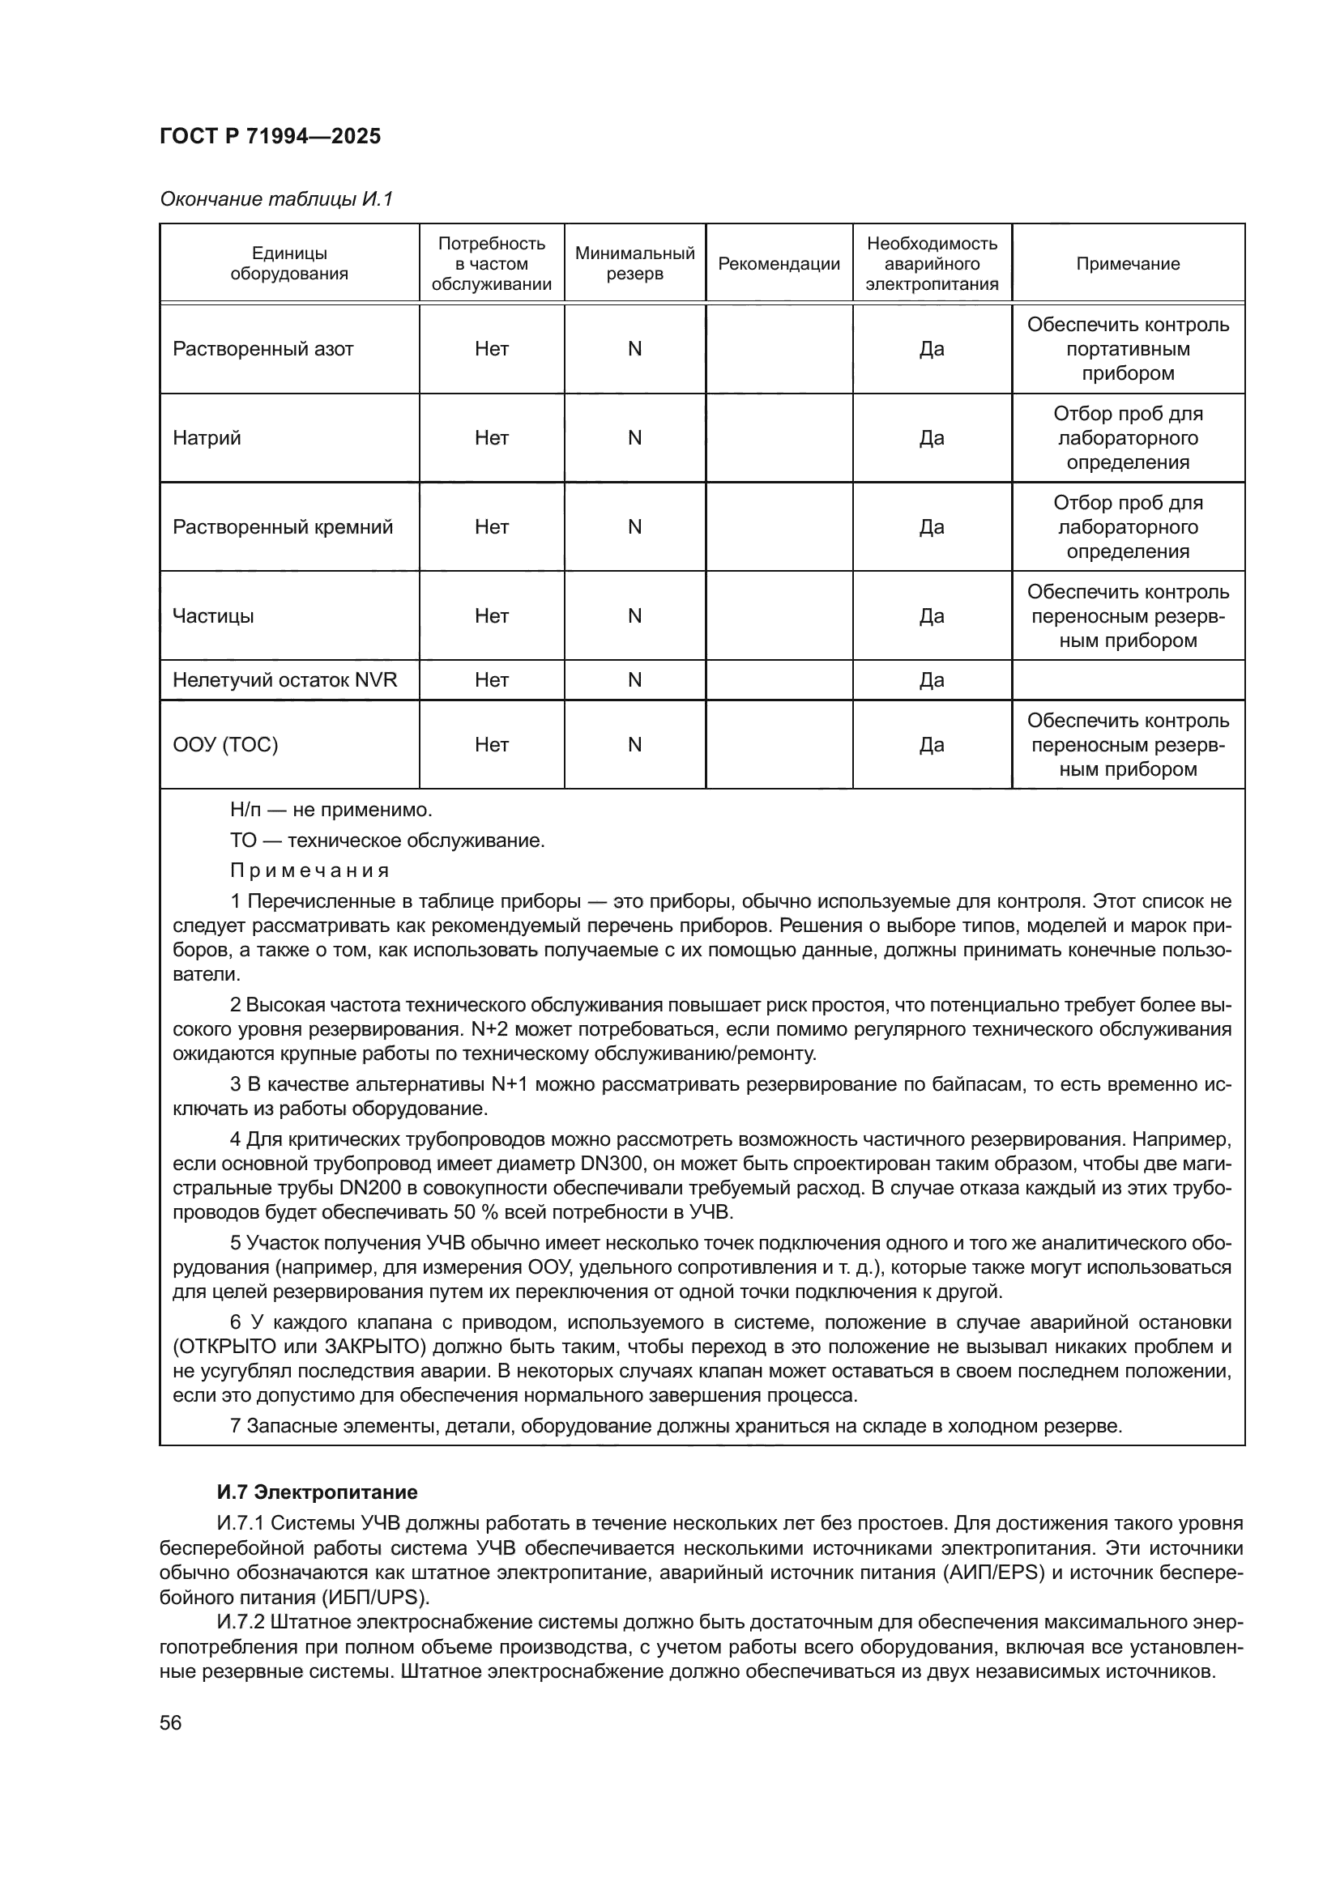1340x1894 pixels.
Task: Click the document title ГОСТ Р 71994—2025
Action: [270, 136]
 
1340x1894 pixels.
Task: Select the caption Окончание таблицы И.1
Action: [276, 199]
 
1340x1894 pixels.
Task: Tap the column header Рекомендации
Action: [779, 264]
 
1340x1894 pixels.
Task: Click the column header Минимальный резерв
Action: [634, 264]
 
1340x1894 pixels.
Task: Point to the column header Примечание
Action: [1127, 264]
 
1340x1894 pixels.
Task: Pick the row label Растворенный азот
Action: [262, 349]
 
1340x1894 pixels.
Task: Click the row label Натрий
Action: [207, 438]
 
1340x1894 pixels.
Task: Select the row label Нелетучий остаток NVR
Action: [284, 679]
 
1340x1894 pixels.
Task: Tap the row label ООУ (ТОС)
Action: [225, 745]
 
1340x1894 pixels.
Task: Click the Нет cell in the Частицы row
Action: [492, 616]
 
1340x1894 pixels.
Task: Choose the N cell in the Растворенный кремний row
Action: [634, 527]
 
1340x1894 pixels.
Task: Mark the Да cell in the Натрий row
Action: [932, 438]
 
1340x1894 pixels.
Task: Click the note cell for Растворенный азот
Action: [1127, 349]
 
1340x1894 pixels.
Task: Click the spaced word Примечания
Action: [309, 870]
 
